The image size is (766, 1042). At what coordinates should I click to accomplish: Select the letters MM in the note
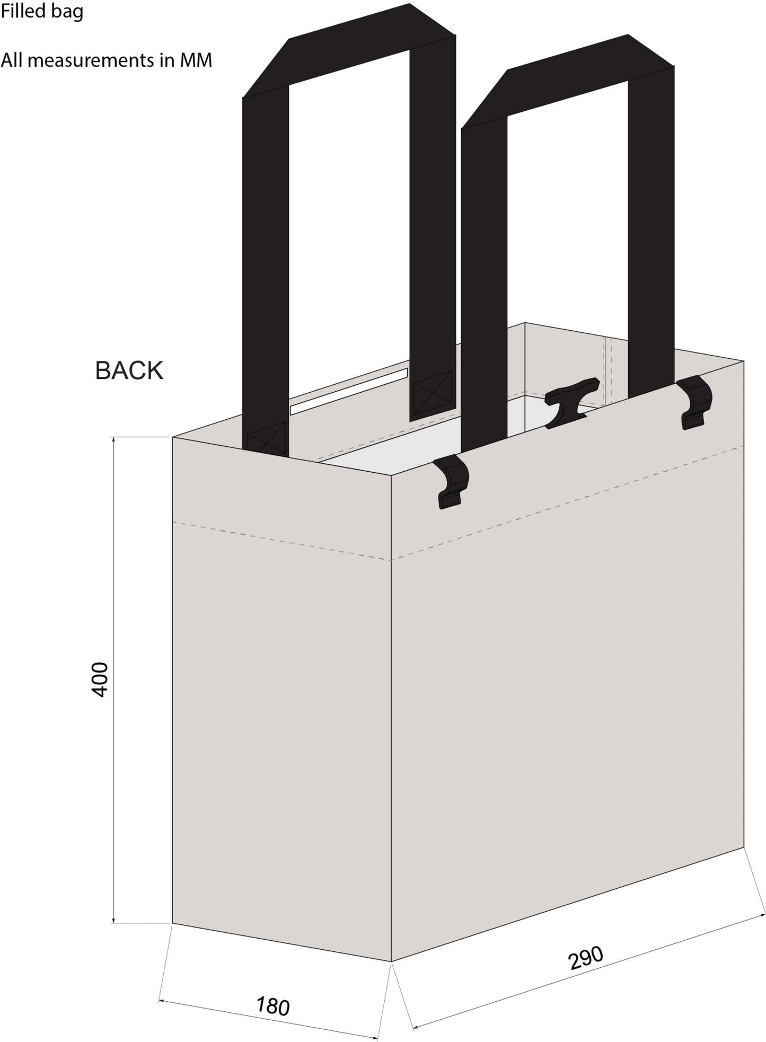click(x=196, y=60)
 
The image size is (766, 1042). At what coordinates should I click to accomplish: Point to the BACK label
click(x=129, y=370)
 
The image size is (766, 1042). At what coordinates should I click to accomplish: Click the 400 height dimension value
click(x=100, y=679)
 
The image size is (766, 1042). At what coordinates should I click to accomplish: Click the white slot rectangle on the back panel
click(x=349, y=392)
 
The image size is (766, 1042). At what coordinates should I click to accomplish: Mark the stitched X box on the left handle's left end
click(x=267, y=438)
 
